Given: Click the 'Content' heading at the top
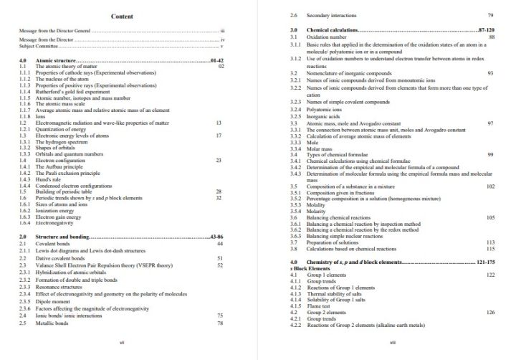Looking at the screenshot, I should (x=122, y=16).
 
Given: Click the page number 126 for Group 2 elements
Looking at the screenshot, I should (x=490, y=313).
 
